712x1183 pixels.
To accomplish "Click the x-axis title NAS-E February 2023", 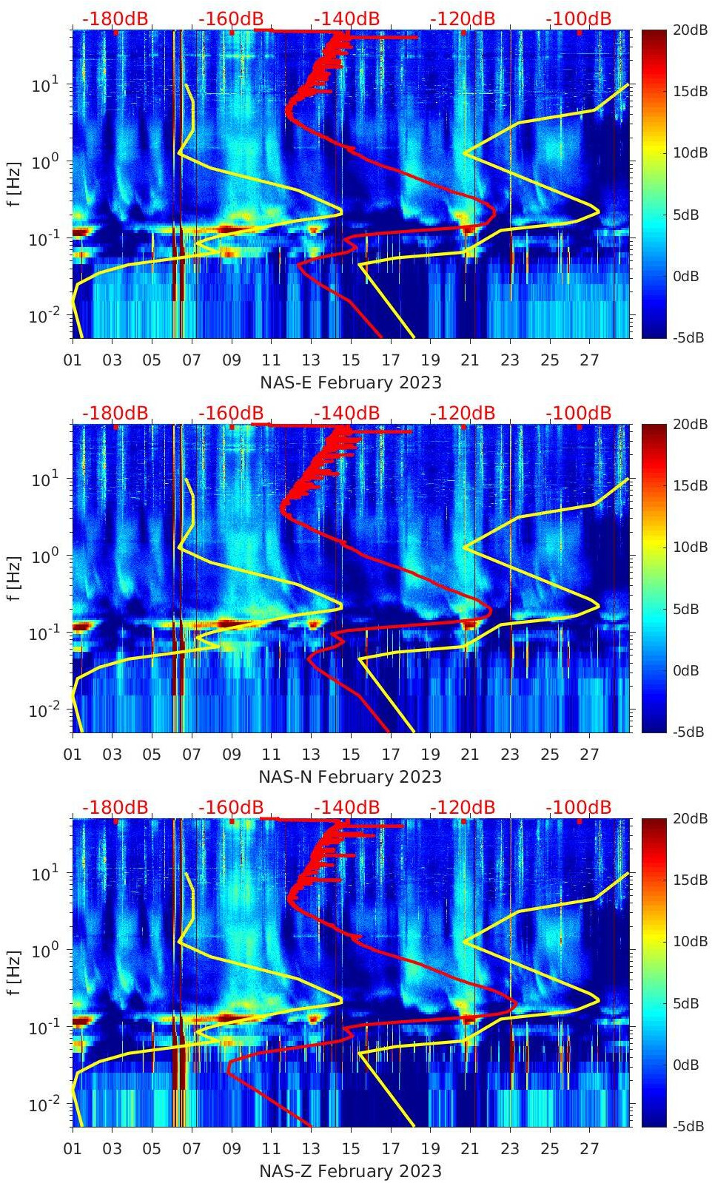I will tap(350, 382).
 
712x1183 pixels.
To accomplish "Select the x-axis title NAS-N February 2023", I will tap(350, 777).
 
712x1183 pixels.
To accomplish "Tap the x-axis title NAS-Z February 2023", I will tap(350, 1171).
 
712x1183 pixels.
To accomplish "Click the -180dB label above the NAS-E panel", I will tap(115, 18).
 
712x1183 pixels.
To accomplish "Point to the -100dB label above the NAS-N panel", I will tap(579, 413).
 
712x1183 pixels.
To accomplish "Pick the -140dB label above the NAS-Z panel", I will tap(346, 807).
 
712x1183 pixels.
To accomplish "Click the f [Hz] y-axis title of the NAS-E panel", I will tap(15, 183).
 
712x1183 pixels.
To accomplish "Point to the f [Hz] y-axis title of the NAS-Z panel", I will tap(15, 972).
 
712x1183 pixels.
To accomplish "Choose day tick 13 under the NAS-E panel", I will tap(311, 360).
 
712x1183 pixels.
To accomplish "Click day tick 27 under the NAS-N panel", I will tap(589, 755).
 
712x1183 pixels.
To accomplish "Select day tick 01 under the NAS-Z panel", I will tap(73, 1149).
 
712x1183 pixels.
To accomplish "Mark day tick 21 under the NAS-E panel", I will tap(470, 360).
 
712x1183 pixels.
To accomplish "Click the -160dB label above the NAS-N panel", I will tap(231, 413).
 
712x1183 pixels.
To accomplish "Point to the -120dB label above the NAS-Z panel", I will tap(463, 807).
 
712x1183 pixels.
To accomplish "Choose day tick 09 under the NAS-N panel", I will tap(232, 755).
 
